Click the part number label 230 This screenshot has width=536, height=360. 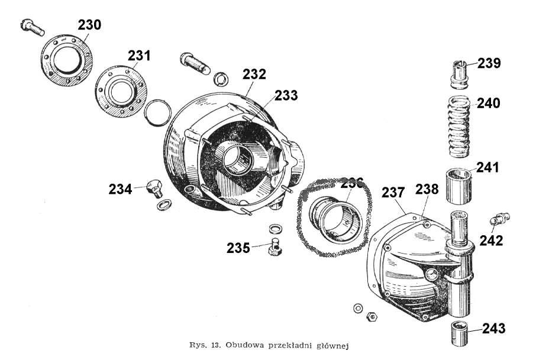[x=89, y=25]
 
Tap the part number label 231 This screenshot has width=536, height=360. [x=139, y=56]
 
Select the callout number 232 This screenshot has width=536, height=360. [x=254, y=74]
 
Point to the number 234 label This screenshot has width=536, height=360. [x=120, y=189]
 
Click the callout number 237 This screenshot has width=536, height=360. [x=393, y=192]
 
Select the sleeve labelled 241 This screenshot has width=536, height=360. [x=460, y=186]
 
